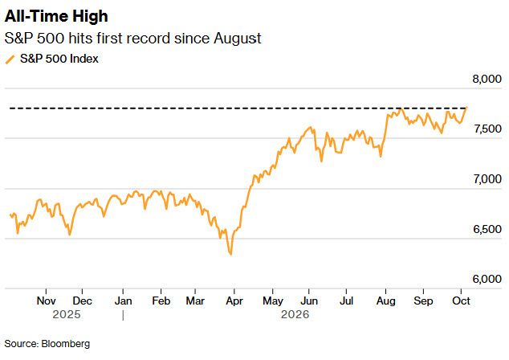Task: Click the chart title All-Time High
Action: (56, 16)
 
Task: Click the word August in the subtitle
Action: (238, 39)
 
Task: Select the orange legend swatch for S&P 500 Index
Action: (10, 59)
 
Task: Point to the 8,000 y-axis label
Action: (487, 79)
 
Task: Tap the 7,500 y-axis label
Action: (487, 129)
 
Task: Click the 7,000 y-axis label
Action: (487, 179)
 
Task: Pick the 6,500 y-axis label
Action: (487, 229)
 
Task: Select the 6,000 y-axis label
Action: (487, 279)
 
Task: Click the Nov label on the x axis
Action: (46, 301)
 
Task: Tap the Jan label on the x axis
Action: (124, 301)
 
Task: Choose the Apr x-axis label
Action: (234, 301)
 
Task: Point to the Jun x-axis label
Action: (309, 301)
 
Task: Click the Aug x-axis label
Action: (386, 301)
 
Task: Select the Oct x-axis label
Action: (461, 301)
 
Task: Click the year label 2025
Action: (67, 314)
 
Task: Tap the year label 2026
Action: (295, 314)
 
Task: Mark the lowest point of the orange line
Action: (230, 255)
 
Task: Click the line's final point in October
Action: (466, 107)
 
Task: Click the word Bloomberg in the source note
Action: (66, 344)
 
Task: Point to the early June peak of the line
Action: (311, 127)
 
